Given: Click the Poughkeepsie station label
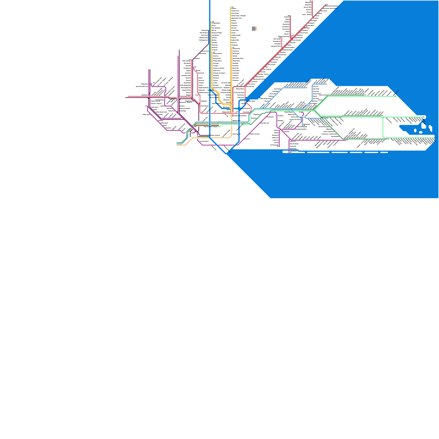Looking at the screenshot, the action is point(216,23).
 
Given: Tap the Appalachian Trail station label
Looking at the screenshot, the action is point(236,18).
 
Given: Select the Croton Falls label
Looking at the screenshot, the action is point(235,30).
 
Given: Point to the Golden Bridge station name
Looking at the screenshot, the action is point(236,35).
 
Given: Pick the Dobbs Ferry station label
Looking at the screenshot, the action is point(217,71).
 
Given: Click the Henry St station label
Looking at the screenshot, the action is point(247,139).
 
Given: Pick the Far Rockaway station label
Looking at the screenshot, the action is point(274,145).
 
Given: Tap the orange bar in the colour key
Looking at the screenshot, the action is point(256,29).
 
